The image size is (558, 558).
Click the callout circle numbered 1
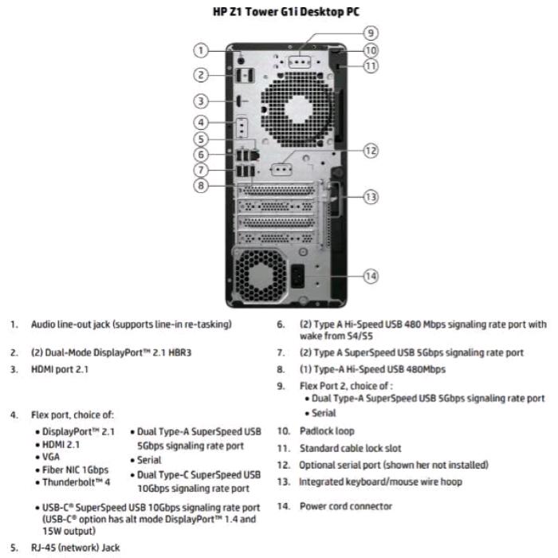(202, 50)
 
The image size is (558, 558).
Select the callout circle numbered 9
(370, 33)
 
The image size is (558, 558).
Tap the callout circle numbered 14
(370, 276)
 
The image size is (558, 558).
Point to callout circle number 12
(370, 150)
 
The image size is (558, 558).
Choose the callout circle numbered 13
(370, 196)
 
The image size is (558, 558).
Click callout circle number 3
(202, 101)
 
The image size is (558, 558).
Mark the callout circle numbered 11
(370, 66)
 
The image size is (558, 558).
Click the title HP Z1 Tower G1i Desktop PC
(278, 10)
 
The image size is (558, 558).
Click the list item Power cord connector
(345, 505)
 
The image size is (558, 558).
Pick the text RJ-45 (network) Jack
(75, 548)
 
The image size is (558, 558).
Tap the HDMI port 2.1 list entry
(60, 369)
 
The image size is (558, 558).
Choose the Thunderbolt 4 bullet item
(80, 482)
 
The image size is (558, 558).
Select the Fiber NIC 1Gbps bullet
(77, 470)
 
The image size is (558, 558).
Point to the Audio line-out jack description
(131, 324)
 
